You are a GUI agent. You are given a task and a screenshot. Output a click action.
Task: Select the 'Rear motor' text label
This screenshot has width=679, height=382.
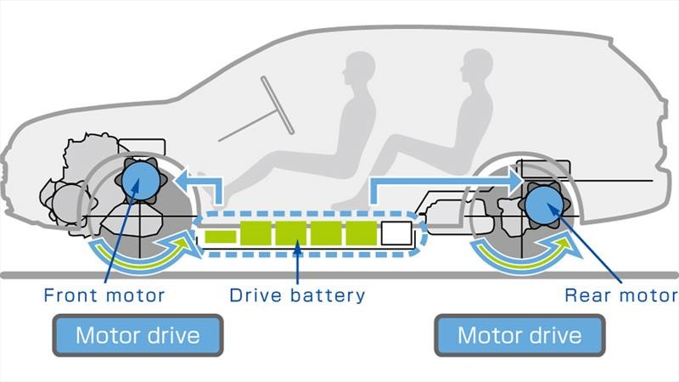[620, 295]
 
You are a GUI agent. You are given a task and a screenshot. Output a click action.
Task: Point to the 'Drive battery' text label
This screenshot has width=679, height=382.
[297, 295]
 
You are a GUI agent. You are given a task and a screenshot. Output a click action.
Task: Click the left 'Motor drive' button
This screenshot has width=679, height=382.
[137, 334]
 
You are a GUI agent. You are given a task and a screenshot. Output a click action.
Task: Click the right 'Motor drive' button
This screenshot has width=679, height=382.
[519, 334]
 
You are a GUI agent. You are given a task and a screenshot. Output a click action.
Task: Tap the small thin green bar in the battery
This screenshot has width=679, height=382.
[220, 233]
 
